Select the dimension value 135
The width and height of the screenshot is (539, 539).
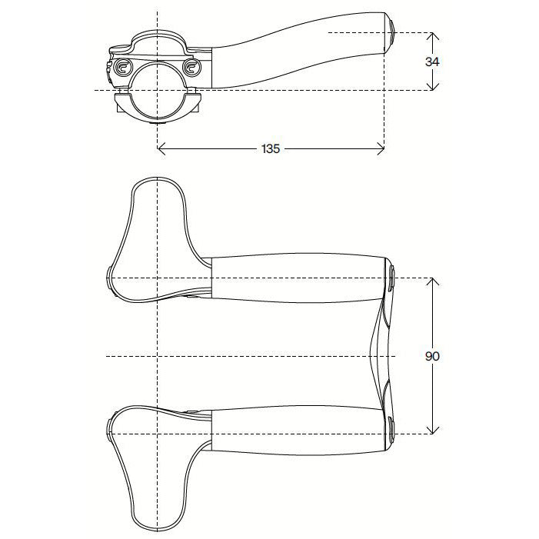tap(270, 148)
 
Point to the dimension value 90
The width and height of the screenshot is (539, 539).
tap(433, 356)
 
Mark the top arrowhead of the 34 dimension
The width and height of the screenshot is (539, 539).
tap(432, 35)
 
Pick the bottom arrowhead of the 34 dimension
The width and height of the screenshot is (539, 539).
tap(432, 87)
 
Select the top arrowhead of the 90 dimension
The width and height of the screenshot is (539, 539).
tap(432, 281)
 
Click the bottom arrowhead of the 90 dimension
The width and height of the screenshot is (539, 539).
tap(432, 430)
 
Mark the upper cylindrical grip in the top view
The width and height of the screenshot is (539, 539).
tap(300, 278)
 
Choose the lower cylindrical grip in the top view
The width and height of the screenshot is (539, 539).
tap(300, 432)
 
